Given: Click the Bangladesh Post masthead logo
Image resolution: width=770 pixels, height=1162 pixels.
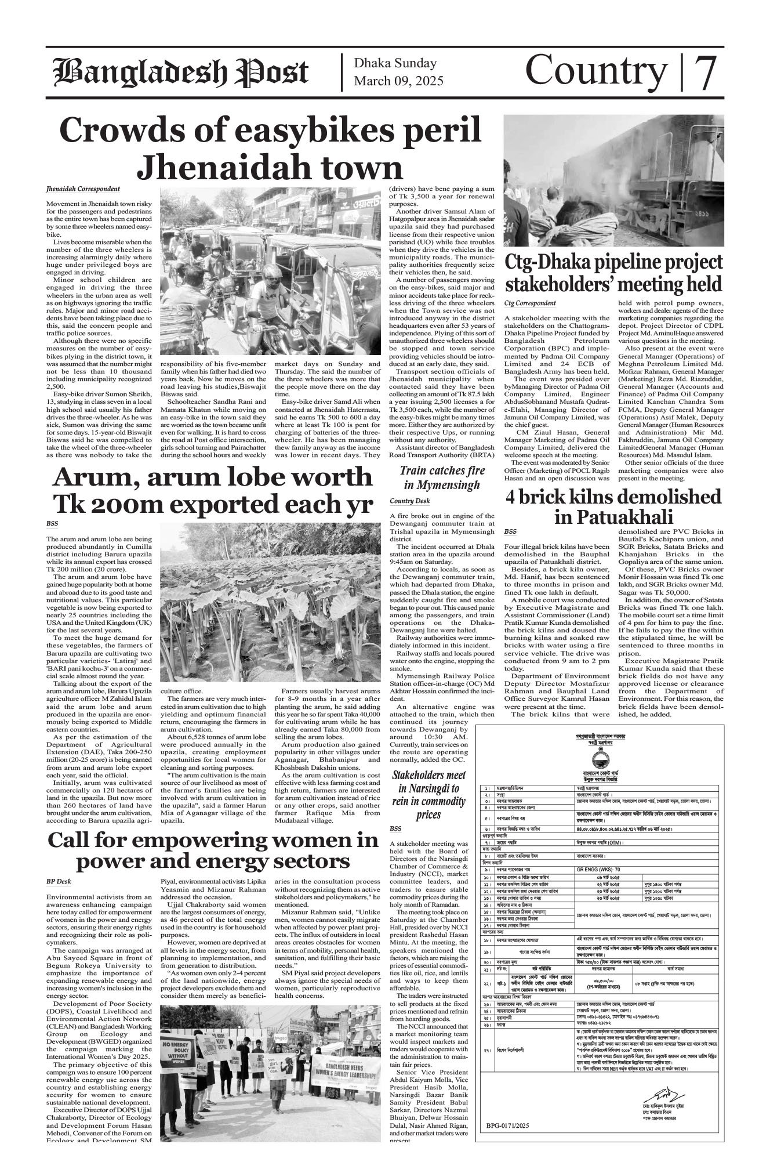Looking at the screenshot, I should [x=180, y=73].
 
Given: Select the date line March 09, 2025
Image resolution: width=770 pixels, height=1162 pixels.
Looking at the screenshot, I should [x=398, y=81].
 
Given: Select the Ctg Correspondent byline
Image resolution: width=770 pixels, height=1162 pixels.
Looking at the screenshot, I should [x=530, y=303].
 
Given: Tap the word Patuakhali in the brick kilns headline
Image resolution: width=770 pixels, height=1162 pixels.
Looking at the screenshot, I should [x=613, y=516].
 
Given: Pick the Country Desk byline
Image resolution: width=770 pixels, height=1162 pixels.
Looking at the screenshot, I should [x=410, y=501].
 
